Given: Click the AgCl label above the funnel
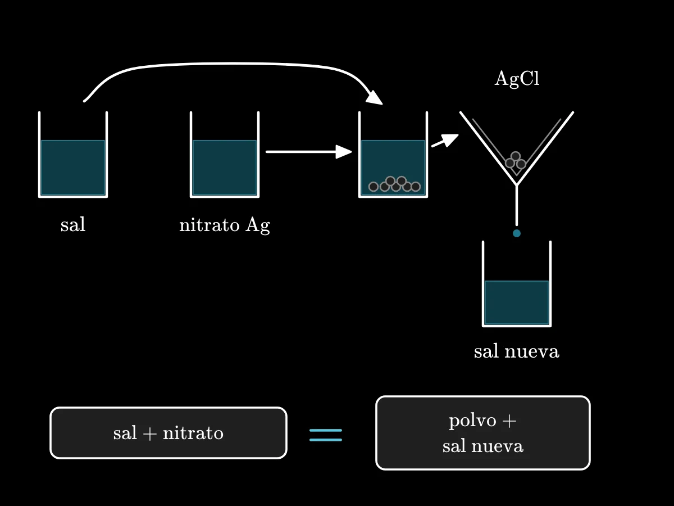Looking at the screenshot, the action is pos(517,79).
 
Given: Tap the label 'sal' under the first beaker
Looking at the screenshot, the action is pos(73,224).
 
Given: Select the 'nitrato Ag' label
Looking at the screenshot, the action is pos(225,225).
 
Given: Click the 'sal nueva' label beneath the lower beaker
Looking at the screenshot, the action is pos(517,351).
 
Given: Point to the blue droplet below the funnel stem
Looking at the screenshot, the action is pos(517,233).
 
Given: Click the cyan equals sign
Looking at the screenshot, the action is pos(325,435).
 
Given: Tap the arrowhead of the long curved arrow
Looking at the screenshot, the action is pos(375,97).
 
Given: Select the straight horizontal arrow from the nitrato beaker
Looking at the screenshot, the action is pos(308,152).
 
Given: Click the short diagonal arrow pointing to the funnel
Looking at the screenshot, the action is pos(445,141).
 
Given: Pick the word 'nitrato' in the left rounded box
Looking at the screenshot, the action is pos(193,433).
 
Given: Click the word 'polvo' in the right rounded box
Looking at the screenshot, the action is pos(472,421).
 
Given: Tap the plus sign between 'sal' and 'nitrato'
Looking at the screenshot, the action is pos(150,434).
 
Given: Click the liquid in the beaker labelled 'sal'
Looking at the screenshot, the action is pos(73,168).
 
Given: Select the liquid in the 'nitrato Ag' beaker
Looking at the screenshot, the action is pos(225,168).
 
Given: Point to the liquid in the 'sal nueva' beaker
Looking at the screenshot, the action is pos(517,302).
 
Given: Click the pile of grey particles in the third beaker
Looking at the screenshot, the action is pos(395,184).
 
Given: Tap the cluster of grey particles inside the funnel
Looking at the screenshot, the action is pos(516,160).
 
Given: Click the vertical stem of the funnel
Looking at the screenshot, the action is pos(517,205).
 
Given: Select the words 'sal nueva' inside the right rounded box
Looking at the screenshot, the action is pos(482,446).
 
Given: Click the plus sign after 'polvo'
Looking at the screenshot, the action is pos(509,421).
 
